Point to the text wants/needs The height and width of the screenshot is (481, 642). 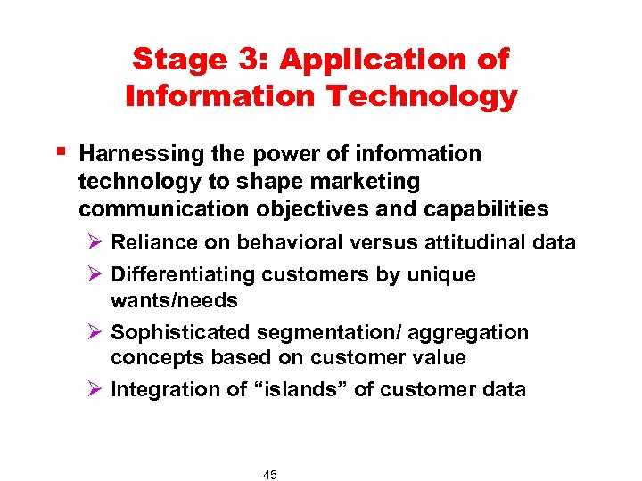click(x=174, y=301)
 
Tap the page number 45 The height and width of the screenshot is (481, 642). click(x=270, y=475)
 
